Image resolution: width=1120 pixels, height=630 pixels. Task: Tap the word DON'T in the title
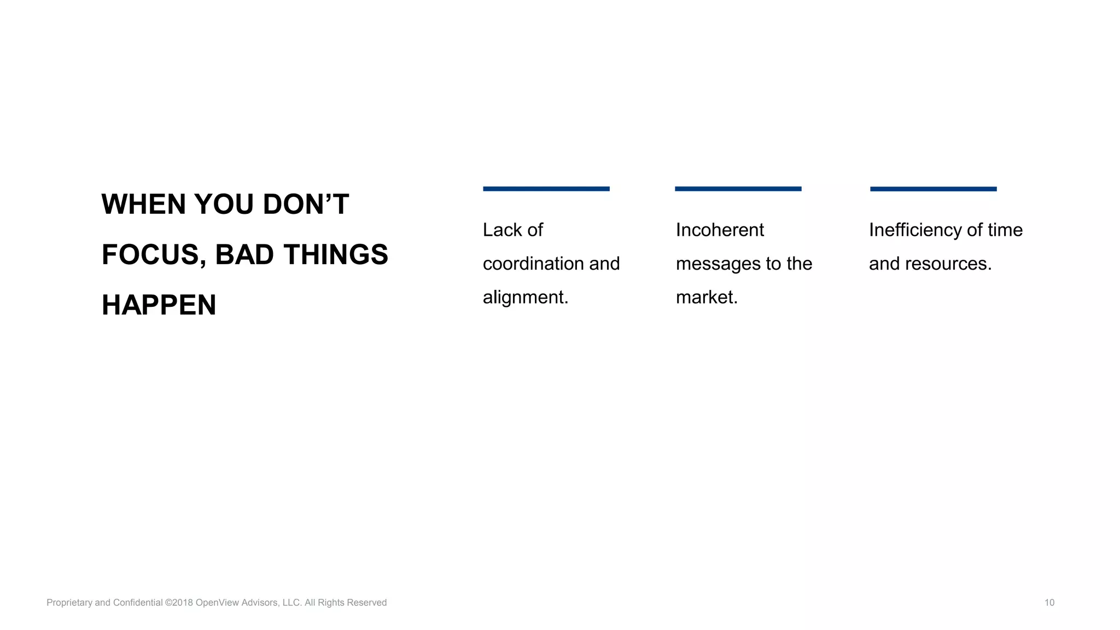306,205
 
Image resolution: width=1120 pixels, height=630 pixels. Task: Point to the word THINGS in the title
335,255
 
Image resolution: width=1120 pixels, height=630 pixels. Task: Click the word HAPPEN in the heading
159,305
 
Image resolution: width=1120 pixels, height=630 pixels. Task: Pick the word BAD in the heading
244,255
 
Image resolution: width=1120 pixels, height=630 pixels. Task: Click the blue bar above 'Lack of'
546,189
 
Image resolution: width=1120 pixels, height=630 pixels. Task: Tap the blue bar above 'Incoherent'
738,189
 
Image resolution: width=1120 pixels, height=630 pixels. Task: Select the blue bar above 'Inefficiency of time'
933,189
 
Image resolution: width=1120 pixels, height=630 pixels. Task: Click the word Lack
502,230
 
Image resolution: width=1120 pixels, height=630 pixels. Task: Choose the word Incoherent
720,230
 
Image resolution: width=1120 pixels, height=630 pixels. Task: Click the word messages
718,264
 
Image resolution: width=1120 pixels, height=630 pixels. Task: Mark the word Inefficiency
915,230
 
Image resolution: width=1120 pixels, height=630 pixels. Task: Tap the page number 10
1049,603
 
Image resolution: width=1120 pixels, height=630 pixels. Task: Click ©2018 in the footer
179,603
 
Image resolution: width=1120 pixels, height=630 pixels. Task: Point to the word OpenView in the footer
217,603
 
